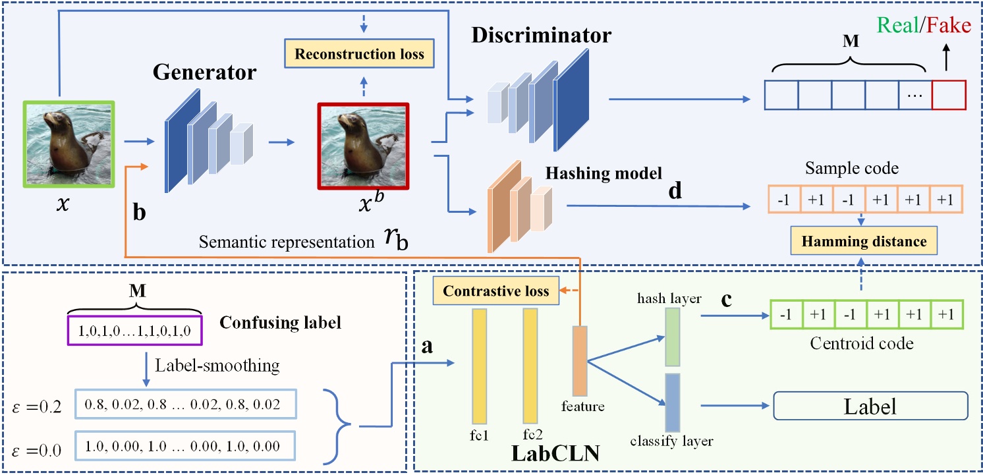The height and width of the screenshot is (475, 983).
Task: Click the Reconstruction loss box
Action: point(358,54)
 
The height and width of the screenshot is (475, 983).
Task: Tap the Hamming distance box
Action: point(863,242)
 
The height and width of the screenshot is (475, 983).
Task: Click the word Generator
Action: point(204,73)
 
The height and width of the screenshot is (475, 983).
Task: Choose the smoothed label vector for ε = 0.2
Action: point(186,403)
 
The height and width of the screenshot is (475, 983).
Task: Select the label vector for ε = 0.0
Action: point(186,445)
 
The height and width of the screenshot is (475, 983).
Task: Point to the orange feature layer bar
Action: point(579,360)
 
